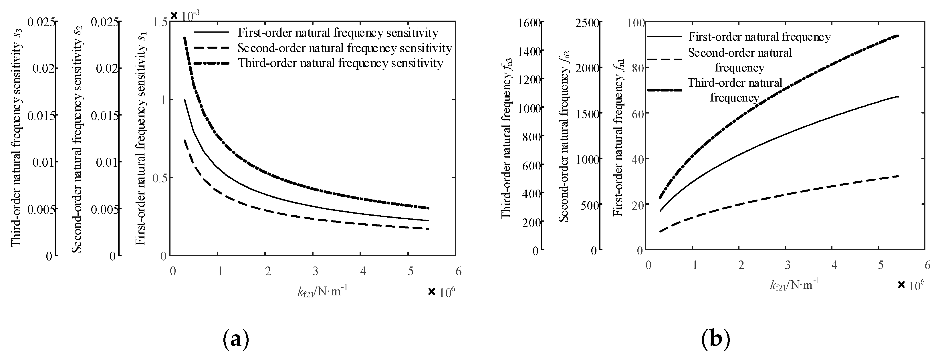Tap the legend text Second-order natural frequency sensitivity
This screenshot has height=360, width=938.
pyautogui.click(x=345, y=48)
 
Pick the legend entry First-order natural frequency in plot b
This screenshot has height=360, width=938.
pyautogui.click(x=759, y=37)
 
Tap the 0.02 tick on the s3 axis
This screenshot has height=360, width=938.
pyautogui.click(x=44, y=68)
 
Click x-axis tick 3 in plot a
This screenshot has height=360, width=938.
pyautogui.click(x=315, y=271)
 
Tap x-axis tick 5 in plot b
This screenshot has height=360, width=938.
pyautogui.click(x=881, y=265)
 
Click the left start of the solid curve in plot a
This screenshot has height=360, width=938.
pyautogui.click(x=185, y=100)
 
